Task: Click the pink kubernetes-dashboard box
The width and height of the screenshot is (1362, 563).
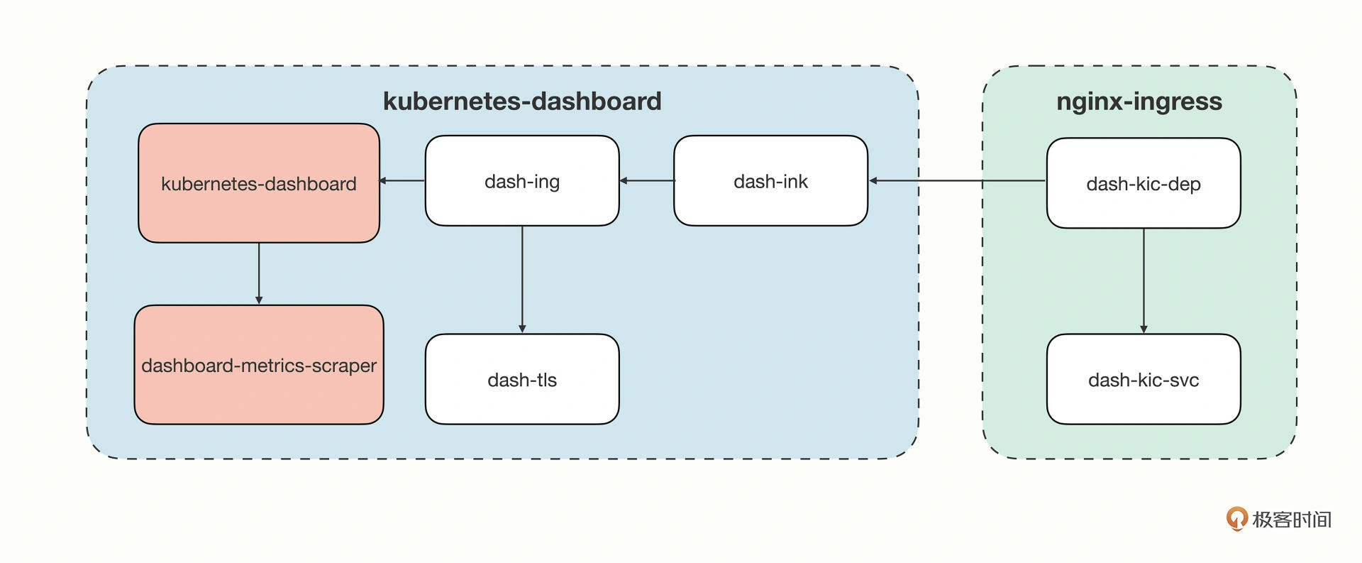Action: pos(259,183)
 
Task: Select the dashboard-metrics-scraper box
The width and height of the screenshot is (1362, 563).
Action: pos(259,365)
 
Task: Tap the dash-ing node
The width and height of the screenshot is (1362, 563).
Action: pos(522,181)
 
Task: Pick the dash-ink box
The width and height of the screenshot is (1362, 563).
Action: pos(770,181)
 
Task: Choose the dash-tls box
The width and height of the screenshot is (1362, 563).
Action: pos(522,379)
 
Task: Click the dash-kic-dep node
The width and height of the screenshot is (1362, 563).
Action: pos(1144,183)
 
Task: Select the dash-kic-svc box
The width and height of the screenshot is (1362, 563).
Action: pos(1144,379)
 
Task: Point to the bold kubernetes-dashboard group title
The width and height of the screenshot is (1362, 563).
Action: pos(522,101)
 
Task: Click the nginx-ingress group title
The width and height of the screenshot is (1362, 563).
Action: pos(1139,101)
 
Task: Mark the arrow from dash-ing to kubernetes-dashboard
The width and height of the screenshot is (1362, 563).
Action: pos(402,181)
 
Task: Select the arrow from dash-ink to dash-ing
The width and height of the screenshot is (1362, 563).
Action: pos(647,181)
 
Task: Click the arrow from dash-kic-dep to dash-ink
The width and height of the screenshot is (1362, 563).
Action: pos(958,181)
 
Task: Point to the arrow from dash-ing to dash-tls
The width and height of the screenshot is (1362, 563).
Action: pos(522,280)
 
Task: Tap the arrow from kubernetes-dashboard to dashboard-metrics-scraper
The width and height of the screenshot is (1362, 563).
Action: pos(259,274)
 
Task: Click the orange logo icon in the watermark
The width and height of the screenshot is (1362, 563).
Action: pos(1237,519)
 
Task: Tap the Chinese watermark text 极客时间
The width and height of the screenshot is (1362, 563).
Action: pos(1292,520)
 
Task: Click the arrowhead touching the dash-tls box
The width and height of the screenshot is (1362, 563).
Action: pos(522,329)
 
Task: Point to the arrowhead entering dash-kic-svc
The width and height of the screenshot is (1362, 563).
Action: pos(1144,329)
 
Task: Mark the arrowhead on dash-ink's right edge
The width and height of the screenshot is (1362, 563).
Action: pos(873,181)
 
